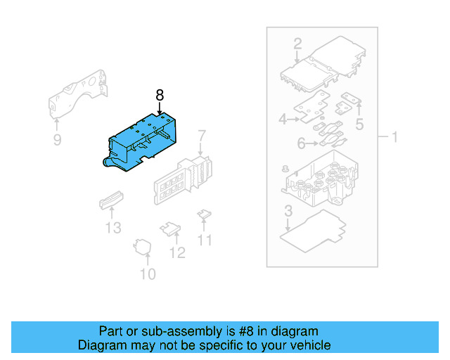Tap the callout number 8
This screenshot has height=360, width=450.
[160, 95]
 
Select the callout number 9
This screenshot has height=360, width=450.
[57, 141]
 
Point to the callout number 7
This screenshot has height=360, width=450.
[201, 135]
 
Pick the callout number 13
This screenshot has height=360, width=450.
[113, 227]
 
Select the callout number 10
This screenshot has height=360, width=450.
[148, 274]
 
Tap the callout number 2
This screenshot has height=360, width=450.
[297, 44]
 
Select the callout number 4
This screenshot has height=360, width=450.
[283, 120]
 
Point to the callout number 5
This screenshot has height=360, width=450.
[359, 126]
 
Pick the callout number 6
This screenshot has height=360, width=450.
[301, 144]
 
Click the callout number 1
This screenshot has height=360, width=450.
[394, 136]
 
